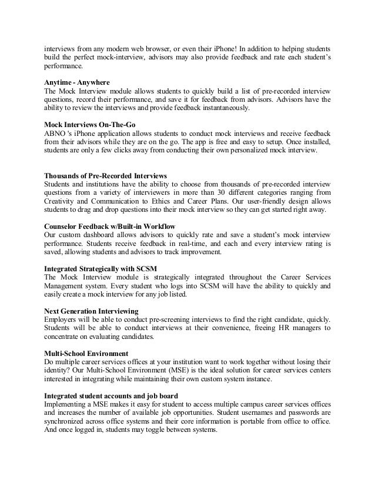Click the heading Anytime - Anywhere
click(x=77, y=82)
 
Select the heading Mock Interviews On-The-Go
click(x=86, y=125)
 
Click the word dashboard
click(x=100, y=234)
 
